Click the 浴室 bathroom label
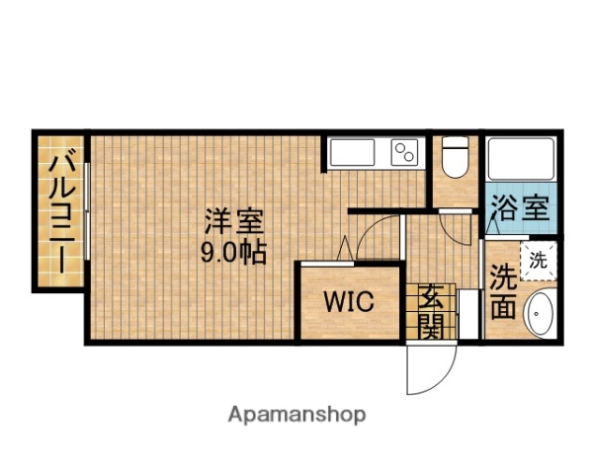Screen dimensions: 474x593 (x=520, y=209)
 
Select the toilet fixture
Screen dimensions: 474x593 (x=456, y=157)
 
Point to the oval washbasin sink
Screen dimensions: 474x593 (x=539, y=314)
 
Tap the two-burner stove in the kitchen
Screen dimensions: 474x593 (x=405, y=153)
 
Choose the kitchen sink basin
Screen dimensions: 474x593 (x=353, y=153)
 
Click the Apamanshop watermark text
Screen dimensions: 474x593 (x=296, y=414)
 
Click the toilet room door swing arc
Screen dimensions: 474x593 (x=459, y=229)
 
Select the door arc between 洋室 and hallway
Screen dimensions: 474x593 (x=377, y=237)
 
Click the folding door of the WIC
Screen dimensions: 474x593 (x=346, y=251)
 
